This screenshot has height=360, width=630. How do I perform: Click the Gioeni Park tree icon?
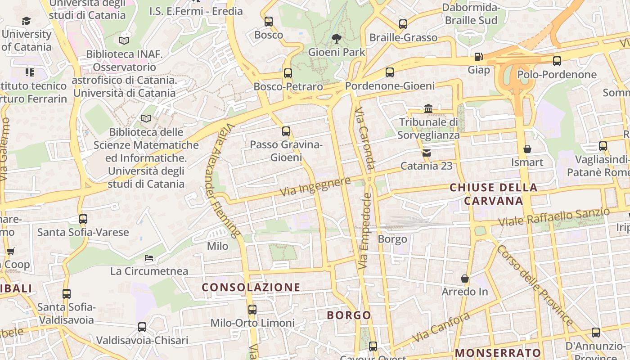click(336, 39)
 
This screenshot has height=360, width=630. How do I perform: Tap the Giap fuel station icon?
click(478, 57)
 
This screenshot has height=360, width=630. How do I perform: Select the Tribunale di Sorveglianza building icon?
click(428, 108)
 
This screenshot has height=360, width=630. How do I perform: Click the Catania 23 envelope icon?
click(426, 153)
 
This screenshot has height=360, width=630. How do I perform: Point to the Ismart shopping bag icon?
click(527, 149)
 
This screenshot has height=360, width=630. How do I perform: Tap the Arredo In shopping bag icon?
click(464, 279)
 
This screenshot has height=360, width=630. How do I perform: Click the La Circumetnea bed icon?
click(149, 258)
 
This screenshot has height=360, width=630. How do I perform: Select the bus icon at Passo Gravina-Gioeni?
click(286, 131)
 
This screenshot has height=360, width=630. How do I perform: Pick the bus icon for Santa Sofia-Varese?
click(83, 219)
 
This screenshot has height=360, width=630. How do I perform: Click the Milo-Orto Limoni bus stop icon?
click(252, 309)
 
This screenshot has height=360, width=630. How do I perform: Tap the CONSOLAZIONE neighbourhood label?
click(251, 287)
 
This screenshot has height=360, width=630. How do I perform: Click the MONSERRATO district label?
click(498, 352)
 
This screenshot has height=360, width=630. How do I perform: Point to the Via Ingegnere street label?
click(315, 186)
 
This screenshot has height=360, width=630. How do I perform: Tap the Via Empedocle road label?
click(364, 231)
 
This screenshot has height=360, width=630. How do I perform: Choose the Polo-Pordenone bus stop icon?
click(557, 61)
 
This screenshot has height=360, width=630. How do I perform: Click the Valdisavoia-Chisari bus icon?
click(142, 327)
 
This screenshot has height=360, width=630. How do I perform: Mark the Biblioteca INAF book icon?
click(124, 40)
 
